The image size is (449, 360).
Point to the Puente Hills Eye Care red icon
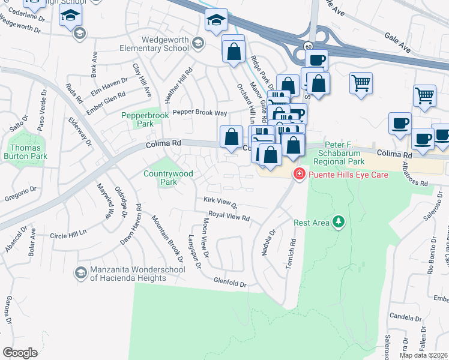click(298, 175)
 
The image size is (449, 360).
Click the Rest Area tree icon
click(339, 223)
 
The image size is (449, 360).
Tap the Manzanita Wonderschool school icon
click(80, 274)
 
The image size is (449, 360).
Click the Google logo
click(20, 352)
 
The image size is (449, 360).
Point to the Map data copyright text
click(423, 355)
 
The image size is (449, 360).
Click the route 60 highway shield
click(307, 46)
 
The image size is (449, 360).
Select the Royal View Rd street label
click(229, 217)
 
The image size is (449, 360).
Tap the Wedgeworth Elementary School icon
click(199, 43)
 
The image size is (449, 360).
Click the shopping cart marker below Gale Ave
click(361, 83)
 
